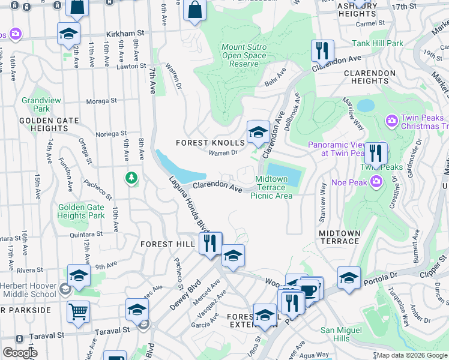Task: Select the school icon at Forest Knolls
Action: (258, 132)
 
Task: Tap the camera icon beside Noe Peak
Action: (376, 181)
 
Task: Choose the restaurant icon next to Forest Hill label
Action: (210, 244)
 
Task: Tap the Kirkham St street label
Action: (125, 35)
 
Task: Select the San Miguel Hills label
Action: (342, 335)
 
